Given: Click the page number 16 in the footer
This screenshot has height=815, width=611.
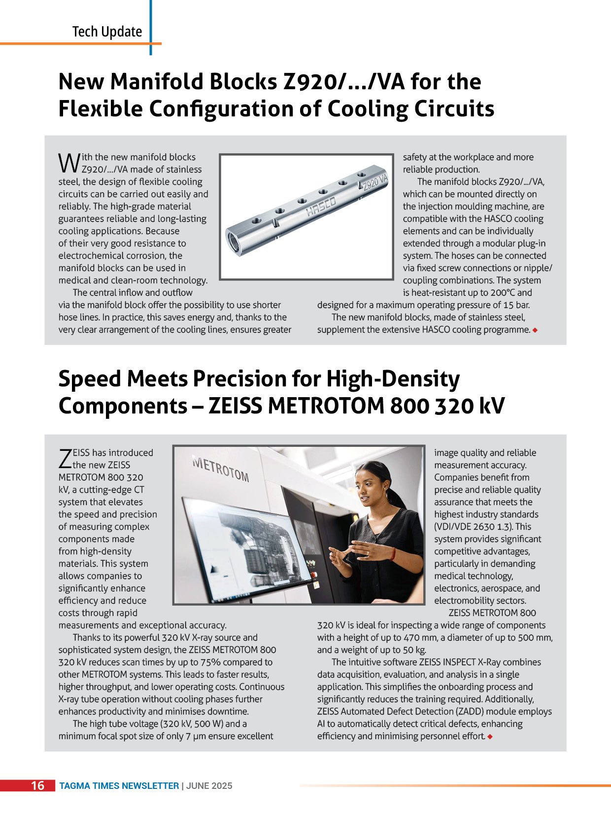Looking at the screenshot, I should [x=37, y=785].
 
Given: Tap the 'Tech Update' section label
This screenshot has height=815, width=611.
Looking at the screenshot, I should [x=107, y=32].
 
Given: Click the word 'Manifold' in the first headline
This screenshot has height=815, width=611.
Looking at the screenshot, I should [x=157, y=82].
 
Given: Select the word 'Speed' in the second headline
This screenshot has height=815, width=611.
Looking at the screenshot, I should [x=90, y=379].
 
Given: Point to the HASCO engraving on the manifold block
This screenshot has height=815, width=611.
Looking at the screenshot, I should [x=321, y=205].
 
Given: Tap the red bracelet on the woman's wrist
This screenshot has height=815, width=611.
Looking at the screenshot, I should [x=393, y=554].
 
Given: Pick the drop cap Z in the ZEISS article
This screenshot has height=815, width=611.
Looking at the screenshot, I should [x=65, y=459].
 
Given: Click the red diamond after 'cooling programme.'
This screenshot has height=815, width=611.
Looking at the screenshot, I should [x=535, y=330].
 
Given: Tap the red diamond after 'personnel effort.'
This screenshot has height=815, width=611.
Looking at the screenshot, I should [x=490, y=737].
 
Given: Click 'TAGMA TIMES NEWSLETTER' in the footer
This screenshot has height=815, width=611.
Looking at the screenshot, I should [x=119, y=786].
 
